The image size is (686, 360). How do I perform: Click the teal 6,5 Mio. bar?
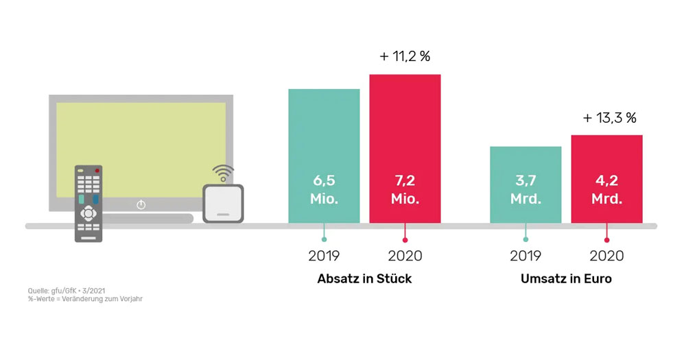[324, 156]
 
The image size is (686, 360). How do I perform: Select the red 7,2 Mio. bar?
[405, 149]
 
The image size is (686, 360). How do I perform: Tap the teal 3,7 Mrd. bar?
[525, 184]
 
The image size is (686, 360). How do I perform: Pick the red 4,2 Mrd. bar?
[607, 179]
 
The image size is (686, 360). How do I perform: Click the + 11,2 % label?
[405, 56]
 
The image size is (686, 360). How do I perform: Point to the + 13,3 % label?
[610, 118]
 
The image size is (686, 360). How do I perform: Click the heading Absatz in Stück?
[364, 278]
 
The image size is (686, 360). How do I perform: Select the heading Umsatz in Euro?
[566, 278]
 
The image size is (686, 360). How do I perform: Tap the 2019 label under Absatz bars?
[324, 256]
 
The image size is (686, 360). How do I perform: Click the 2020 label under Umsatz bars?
[607, 256]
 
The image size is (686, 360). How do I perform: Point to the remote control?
[88, 204]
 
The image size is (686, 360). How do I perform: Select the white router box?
[223, 204]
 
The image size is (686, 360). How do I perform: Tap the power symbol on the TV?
[141, 204]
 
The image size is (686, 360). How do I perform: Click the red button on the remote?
[97, 170]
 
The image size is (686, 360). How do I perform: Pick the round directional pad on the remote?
[88, 213]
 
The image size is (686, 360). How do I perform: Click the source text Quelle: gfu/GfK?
[47, 291]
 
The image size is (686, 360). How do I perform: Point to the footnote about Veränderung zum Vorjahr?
[85, 299]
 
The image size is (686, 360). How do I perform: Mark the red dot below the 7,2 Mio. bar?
[405, 240]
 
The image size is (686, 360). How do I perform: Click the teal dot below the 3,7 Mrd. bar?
[525, 239]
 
